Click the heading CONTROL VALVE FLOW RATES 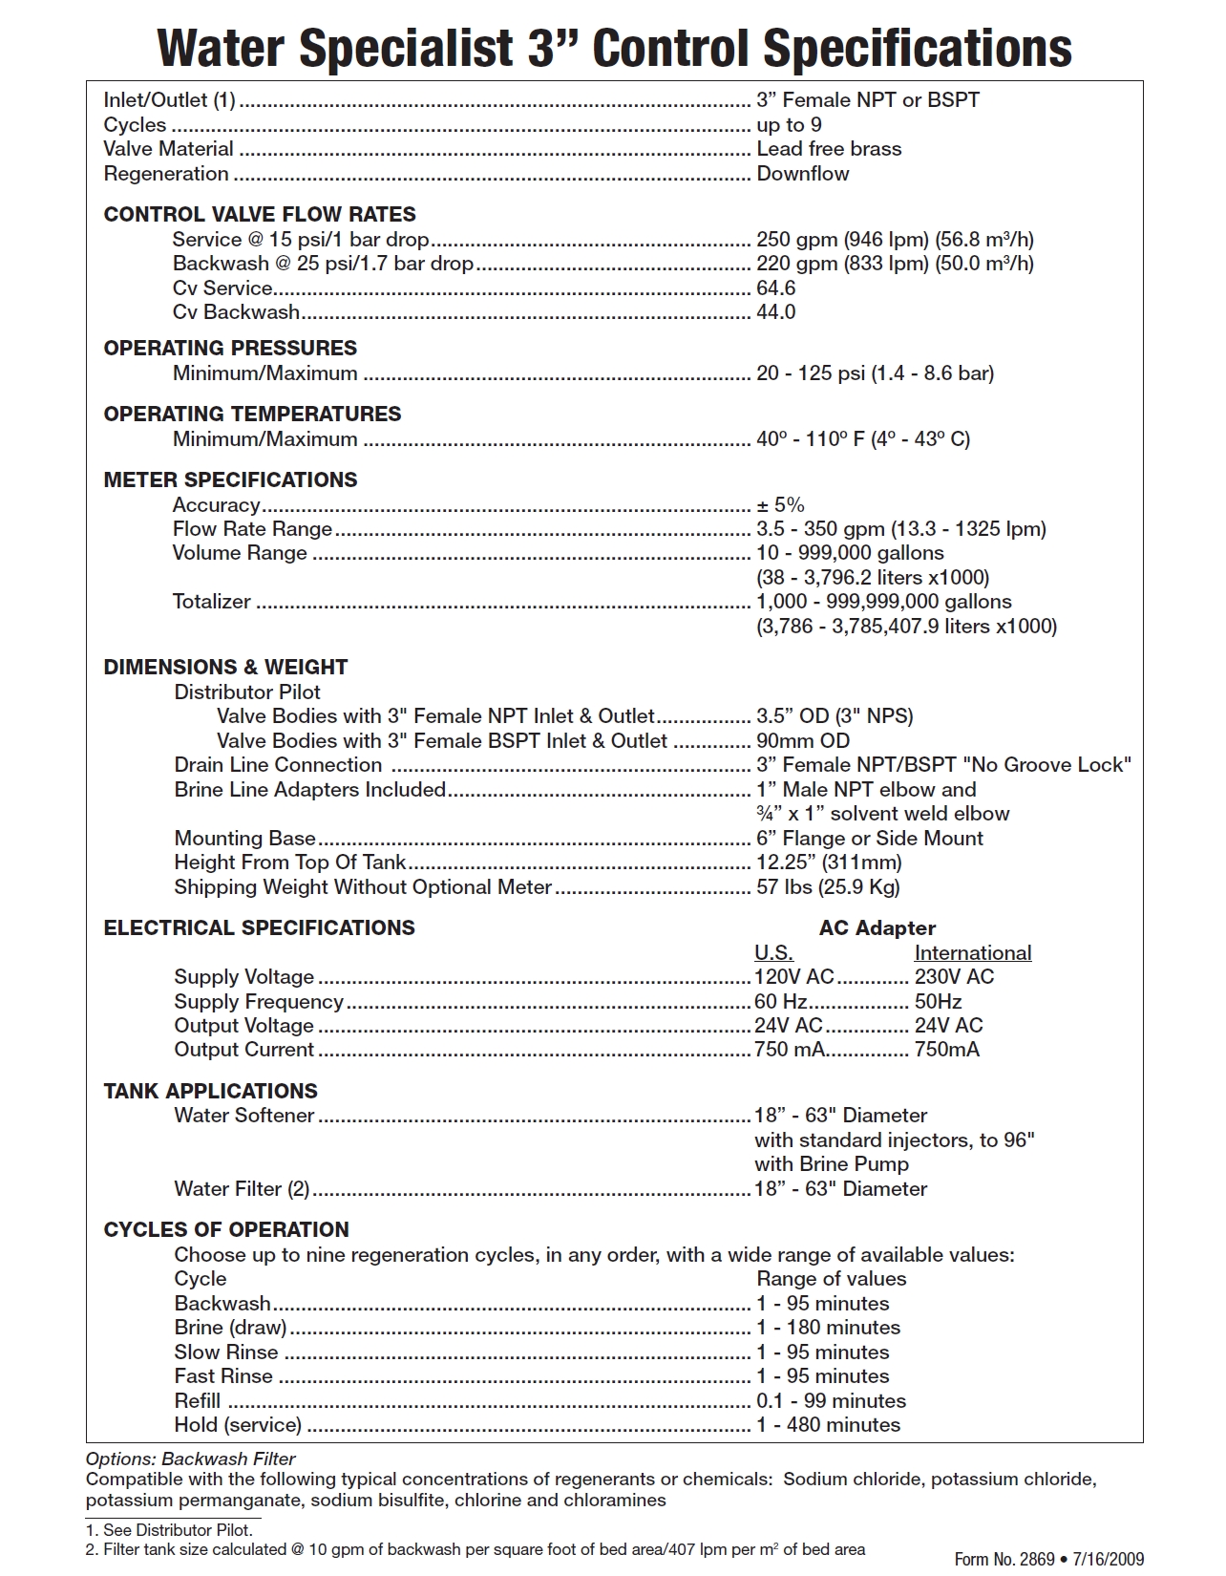[260, 215]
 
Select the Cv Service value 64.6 [775, 288]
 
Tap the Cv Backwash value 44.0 [775, 312]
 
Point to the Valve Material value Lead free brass [828, 149]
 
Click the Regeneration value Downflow [802, 174]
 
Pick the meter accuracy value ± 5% [780, 505]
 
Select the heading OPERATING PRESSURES [230, 349]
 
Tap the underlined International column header [972, 953]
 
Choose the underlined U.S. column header [773, 953]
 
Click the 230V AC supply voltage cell [954, 977]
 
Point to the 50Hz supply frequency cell [938, 1002]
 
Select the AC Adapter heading [877, 928]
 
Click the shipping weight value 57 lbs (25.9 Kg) [828, 887]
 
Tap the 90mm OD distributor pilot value [802, 741]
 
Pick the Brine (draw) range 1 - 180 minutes [828, 1328]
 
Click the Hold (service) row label [238, 1425]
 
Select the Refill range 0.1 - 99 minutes [831, 1401]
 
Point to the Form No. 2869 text [1004, 1560]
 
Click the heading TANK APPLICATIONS [210, 1092]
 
